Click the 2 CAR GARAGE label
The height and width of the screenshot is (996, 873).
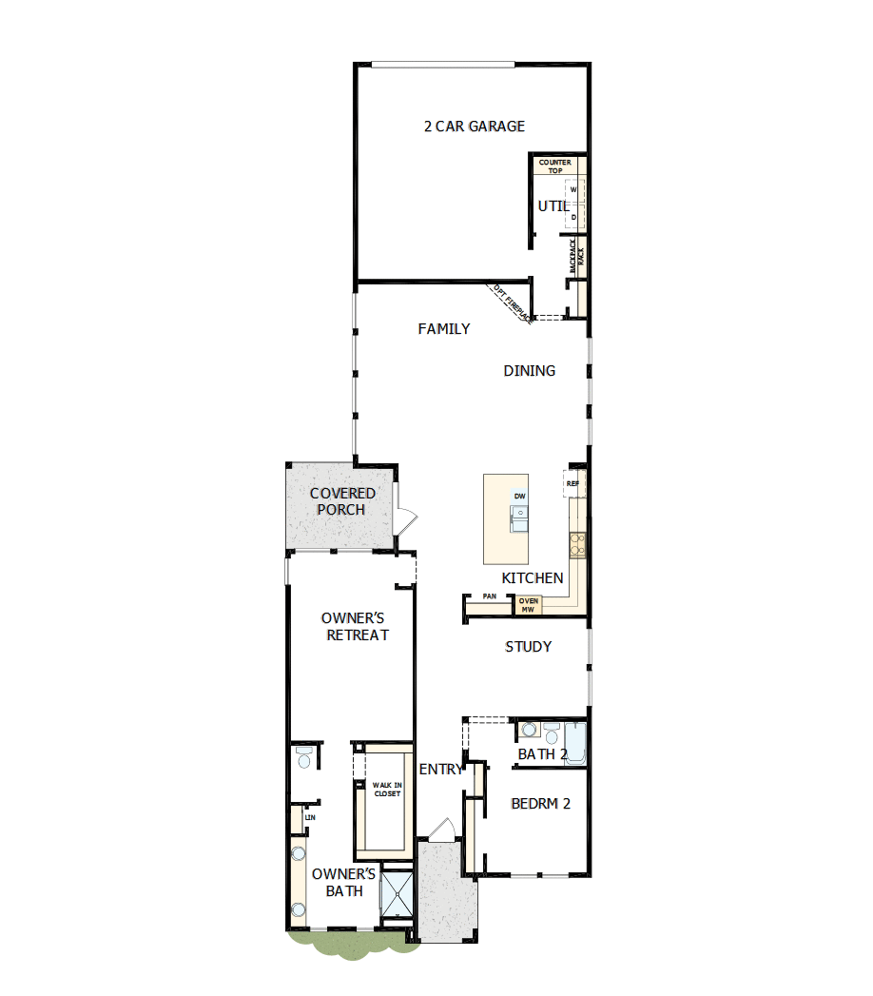click(x=474, y=126)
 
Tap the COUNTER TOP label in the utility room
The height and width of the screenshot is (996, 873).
click(x=555, y=166)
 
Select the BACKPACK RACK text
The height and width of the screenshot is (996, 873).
click(x=574, y=256)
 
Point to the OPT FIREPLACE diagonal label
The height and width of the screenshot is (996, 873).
click(x=511, y=303)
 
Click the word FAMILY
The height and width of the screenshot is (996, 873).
click(x=444, y=329)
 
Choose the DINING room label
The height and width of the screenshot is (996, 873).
click(x=530, y=371)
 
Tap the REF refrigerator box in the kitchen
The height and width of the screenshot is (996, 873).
click(x=572, y=483)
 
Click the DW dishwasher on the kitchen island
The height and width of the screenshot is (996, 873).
click(x=519, y=497)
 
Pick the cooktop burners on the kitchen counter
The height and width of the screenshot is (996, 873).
click(x=576, y=544)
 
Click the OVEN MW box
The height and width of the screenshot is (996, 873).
click(x=529, y=605)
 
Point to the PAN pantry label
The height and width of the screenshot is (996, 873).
click(x=490, y=596)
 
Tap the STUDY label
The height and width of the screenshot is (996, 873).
click(x=528, y=647)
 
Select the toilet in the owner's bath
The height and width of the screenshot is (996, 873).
click(x=303, y=757)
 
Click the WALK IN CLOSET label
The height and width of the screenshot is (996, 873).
click(x=387, y=789)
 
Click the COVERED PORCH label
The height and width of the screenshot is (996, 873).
click(x=342, y=501)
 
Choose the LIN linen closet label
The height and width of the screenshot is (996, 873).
click(x=309, y=817)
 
